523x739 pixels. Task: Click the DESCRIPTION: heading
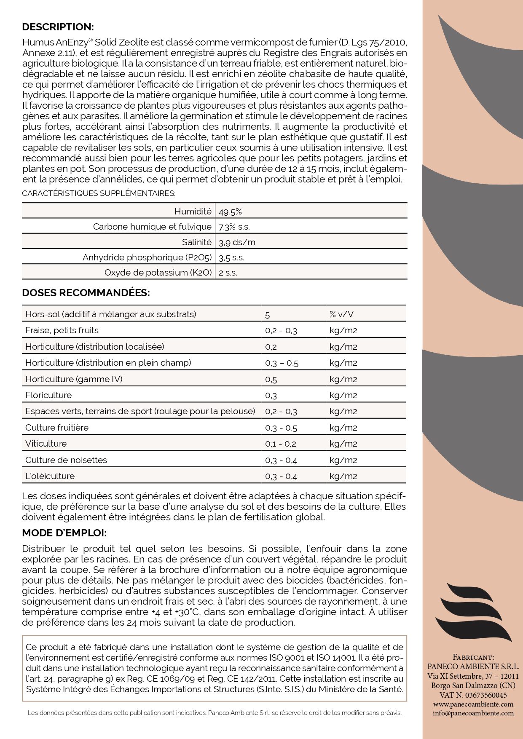58,27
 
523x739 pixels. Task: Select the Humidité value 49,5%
230,212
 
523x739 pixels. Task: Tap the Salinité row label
196,242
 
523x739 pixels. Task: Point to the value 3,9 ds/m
237,242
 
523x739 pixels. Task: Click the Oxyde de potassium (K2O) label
158,273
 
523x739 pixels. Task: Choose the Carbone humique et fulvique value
234,227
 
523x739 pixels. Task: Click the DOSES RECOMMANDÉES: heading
86,293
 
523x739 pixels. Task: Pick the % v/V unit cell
341,314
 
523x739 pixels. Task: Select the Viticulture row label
46,444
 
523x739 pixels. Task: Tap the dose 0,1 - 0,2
281,444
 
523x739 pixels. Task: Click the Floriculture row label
48,395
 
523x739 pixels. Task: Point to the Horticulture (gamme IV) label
74,379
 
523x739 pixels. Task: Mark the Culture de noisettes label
66,460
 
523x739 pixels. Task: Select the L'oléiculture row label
50,476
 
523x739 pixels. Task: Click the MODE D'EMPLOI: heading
64,533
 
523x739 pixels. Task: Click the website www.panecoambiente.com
473,704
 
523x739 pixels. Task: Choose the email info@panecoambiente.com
473,713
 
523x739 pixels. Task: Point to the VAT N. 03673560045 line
473,695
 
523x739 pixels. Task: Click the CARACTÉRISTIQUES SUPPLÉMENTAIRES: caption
99,193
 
